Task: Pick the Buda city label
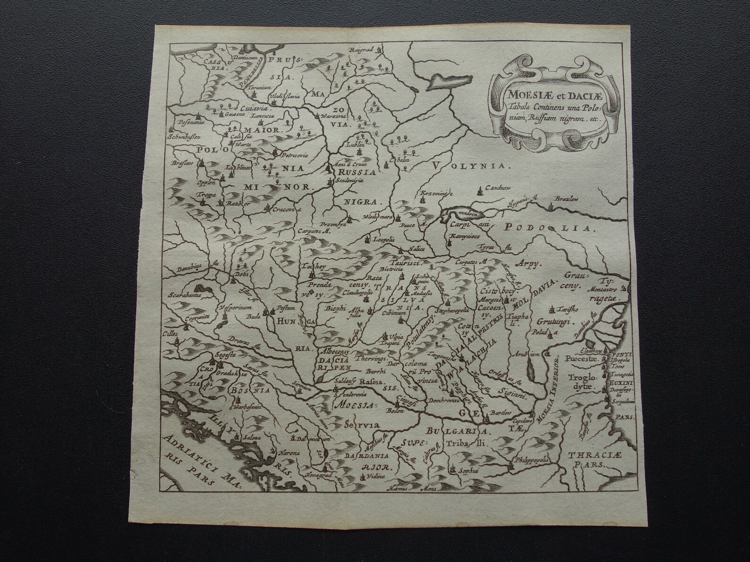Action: pyautogui.click(x=253, y=318)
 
